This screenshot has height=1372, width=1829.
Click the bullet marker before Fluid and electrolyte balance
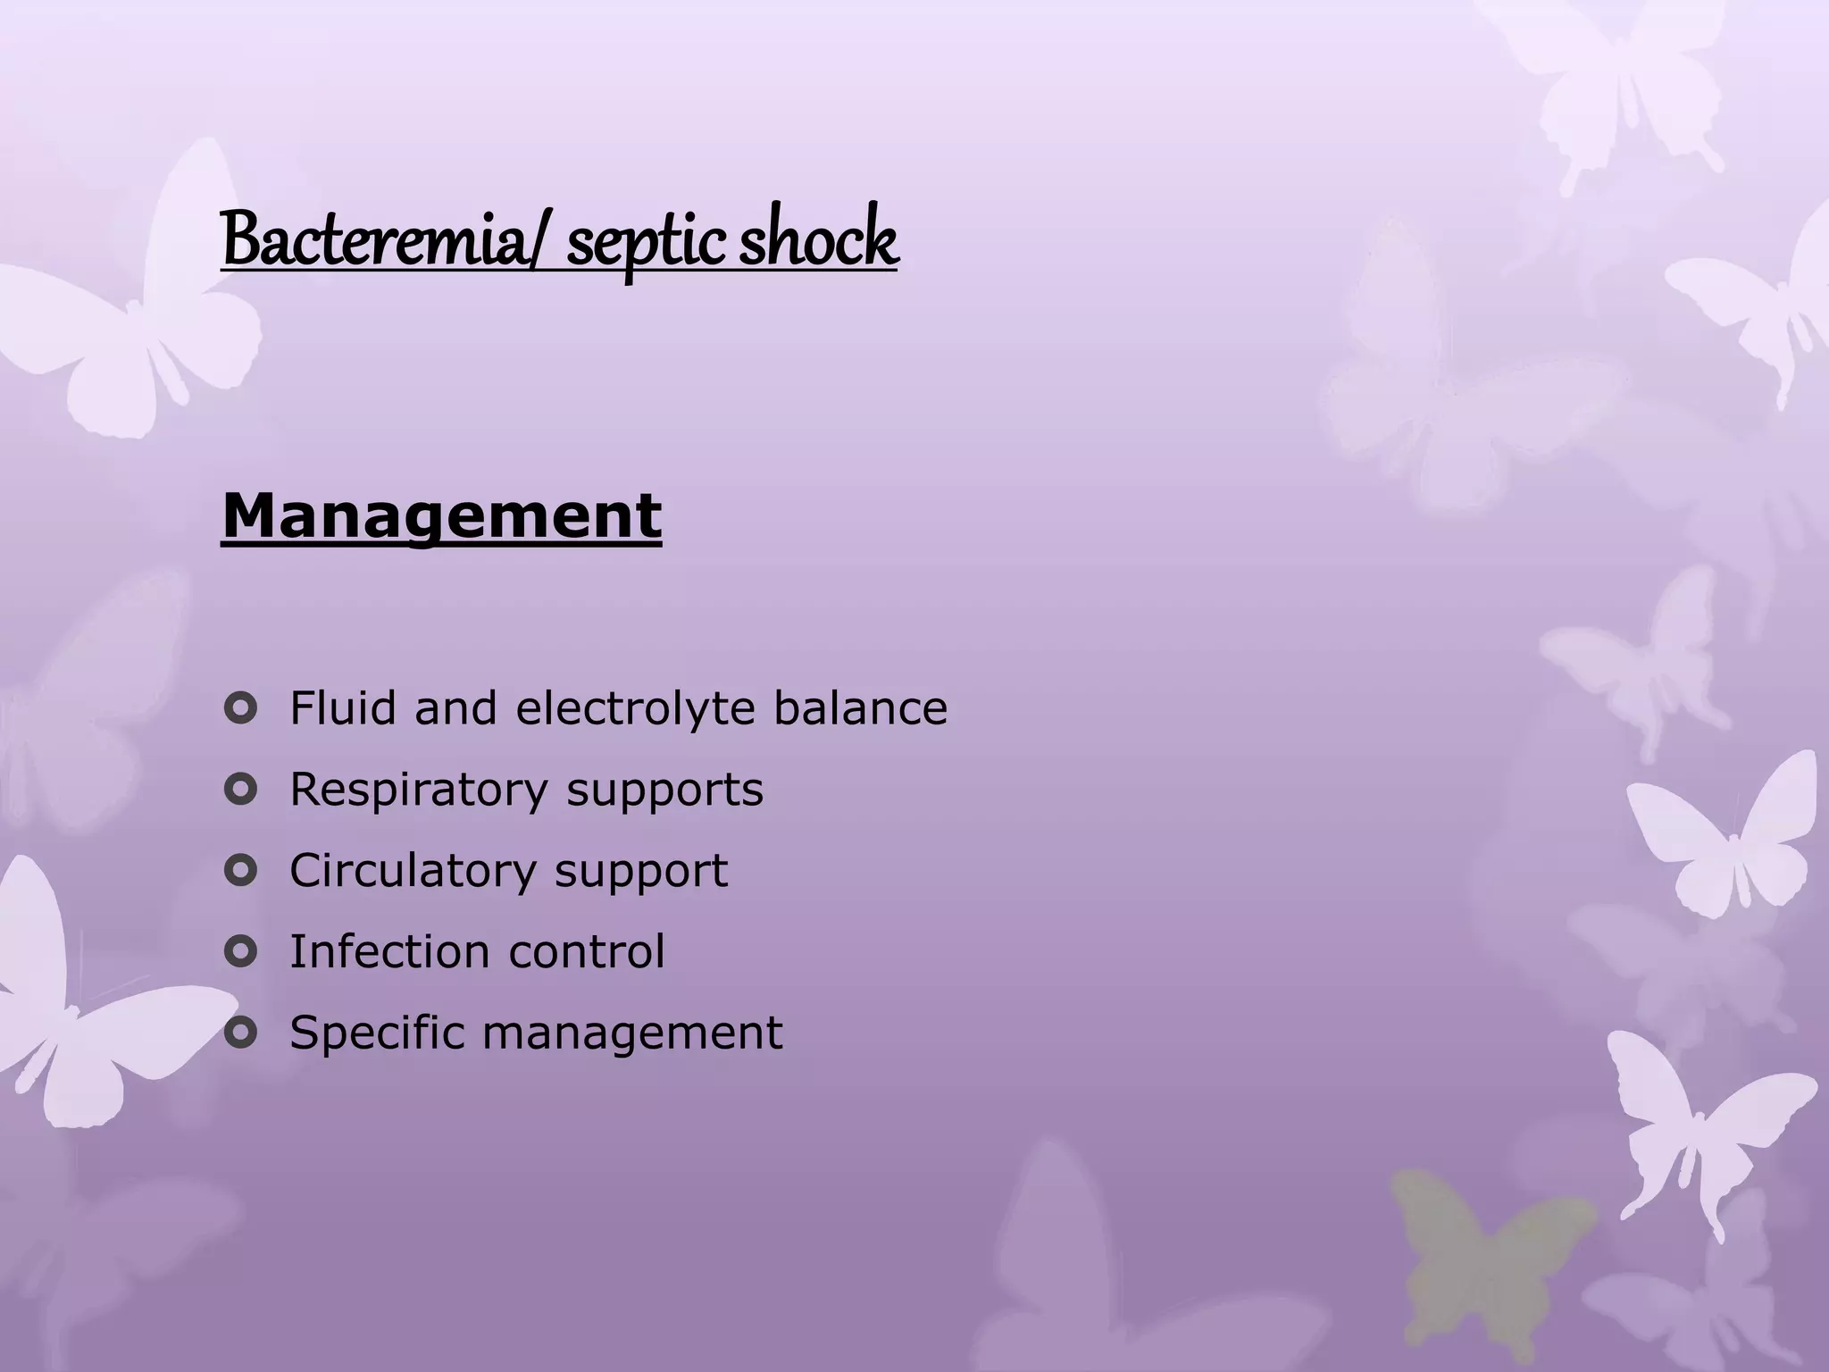coord(240,710)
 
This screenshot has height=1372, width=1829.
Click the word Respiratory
coord(418,791)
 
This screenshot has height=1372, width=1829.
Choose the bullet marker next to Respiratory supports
coord(240,790)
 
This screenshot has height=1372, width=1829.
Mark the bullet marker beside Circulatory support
coord(240,871)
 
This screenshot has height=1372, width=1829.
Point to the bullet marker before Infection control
coord(240,952)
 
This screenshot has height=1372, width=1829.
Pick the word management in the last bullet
coord(632,1034)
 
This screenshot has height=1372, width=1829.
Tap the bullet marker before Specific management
coord(240,1033)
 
